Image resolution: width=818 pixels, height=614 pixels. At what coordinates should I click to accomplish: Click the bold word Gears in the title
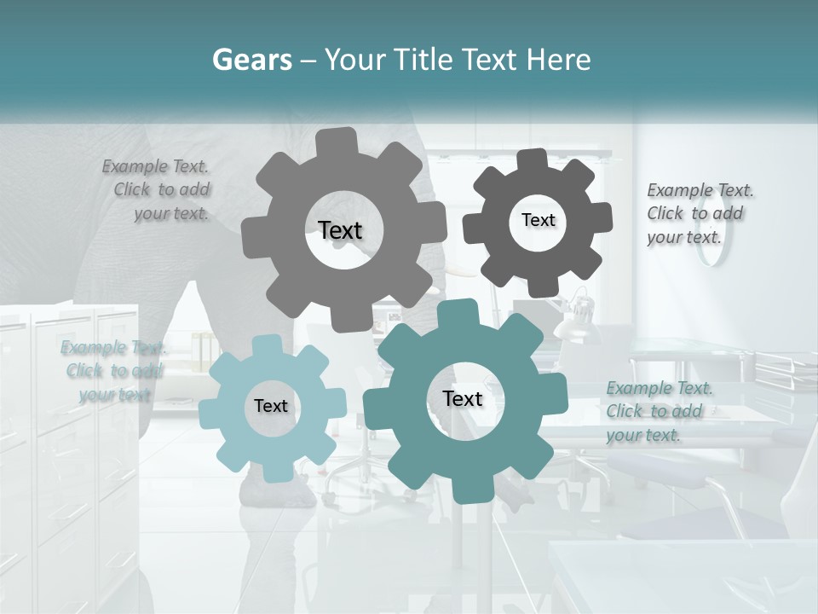(251, 60)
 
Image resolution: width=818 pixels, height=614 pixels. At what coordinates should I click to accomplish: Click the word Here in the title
(559, 60)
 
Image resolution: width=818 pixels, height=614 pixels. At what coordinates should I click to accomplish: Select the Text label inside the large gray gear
(340, 230)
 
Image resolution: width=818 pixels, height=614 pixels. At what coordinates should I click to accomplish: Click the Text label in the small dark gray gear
(538, 220)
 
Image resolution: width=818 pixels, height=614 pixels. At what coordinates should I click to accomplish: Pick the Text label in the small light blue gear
(271, 406)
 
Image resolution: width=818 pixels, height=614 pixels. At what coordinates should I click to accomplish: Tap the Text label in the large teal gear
(463, 398)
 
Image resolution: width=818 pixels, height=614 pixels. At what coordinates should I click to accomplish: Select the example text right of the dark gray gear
(700, 213)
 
